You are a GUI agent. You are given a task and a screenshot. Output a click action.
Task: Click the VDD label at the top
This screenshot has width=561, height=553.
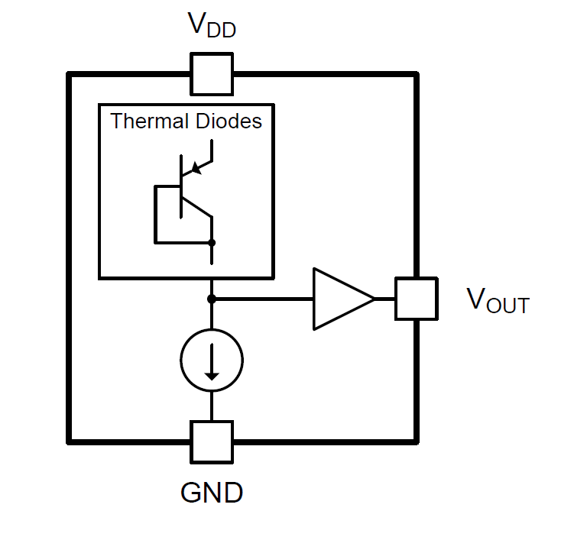point(212,27)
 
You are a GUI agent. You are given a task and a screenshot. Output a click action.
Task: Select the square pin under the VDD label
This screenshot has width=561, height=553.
point(212,73)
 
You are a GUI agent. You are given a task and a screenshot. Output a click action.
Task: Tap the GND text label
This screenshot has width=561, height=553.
point(212,493)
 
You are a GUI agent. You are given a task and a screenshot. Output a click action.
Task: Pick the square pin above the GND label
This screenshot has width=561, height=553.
point(212,441)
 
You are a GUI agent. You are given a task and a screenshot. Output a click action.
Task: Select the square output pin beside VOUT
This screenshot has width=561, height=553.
point(416,298)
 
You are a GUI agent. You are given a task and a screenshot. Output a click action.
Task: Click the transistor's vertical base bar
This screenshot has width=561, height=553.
point(181,187)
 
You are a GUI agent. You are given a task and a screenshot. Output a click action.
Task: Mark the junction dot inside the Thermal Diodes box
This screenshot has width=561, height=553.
point(212,243)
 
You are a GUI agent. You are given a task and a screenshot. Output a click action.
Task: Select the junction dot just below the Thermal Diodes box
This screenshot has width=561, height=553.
point(212,298)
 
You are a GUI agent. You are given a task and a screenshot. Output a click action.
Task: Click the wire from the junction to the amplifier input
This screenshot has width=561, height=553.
point(264,298)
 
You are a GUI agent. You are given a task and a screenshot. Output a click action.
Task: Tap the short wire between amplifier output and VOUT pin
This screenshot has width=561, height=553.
point(385,298)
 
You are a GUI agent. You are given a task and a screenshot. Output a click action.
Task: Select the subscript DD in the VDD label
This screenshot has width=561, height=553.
point(222,31)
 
